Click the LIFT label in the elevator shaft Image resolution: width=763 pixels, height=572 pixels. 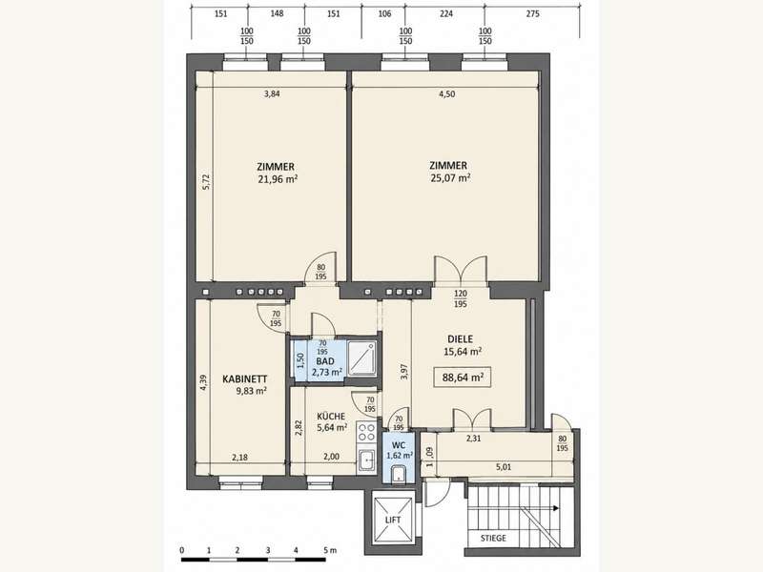(393, 520)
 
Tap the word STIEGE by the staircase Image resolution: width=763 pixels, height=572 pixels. (493, 538)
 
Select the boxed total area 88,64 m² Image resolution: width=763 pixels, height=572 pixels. (463, 377)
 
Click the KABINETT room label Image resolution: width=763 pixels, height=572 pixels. (245, 378)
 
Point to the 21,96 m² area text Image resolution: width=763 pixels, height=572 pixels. (278, 179)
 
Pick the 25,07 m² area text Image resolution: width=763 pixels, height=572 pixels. (450, 177)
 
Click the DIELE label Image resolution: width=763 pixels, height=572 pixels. (460, 339)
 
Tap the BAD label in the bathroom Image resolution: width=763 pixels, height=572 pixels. (325, 361)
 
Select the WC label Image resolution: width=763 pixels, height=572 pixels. (399, 445)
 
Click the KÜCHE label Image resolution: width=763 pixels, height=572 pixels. (331, 417)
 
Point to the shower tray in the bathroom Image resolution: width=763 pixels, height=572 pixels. (362, 359)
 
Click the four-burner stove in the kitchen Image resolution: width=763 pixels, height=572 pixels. (366, 433)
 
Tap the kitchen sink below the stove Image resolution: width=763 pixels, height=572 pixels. (366, 460)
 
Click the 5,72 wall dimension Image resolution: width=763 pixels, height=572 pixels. (206, 181)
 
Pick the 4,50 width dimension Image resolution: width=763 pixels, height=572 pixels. (447, 93)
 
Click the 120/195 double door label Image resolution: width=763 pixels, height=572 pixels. (461, 298)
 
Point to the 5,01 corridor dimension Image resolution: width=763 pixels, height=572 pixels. (504, 467)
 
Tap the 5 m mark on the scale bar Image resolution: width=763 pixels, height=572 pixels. (329, 551)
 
